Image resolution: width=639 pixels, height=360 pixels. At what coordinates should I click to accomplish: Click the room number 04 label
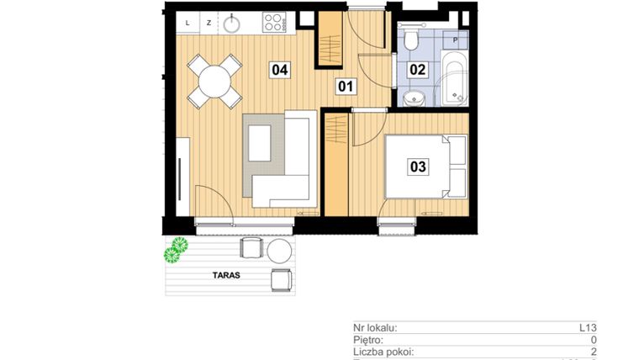(280, 71)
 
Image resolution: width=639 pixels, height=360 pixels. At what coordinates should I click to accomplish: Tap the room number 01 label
(345, 85)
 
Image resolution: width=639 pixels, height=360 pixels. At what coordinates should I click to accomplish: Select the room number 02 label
(417, 71)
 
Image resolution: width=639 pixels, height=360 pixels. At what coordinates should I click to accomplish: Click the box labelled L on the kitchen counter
(187, 23)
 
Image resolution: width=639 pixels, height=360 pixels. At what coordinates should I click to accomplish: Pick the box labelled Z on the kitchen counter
(208, 23)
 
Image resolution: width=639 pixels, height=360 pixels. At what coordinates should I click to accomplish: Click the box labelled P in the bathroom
(455, 40)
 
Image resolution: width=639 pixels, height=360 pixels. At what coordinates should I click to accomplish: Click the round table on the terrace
(278, 250)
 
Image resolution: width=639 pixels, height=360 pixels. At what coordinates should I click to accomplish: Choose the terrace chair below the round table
(281, 278)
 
